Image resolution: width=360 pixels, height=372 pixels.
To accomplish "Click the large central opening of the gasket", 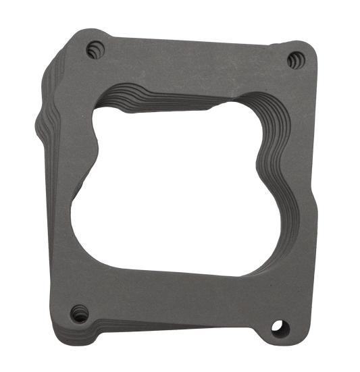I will (x=176, y=182).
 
